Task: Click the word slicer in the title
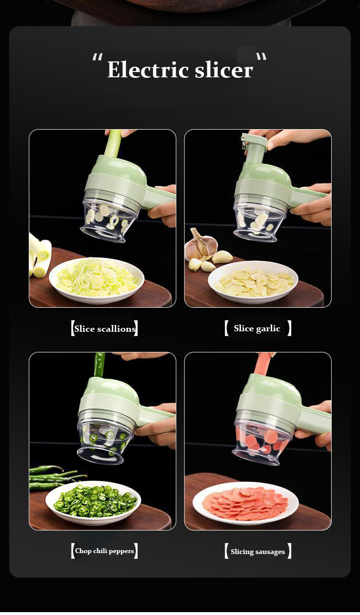224,70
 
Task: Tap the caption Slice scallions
105,329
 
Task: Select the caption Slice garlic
257,328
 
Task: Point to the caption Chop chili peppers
104,551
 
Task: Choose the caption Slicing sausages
258,552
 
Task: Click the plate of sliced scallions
96,280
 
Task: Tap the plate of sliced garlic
253,282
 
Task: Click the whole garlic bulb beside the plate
201,245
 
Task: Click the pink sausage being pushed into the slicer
263,364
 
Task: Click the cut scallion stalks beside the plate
40,255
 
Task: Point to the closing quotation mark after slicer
261,57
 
